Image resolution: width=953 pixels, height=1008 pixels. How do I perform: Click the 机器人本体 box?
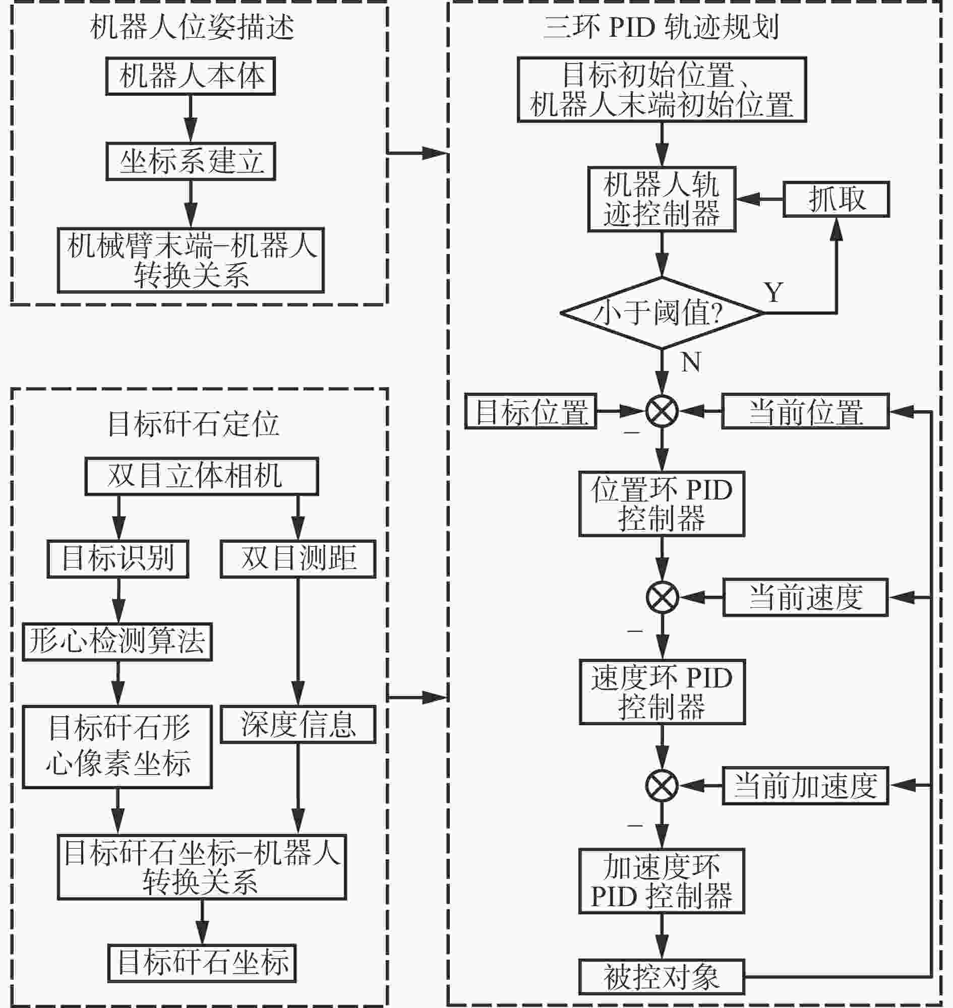click(191, 76)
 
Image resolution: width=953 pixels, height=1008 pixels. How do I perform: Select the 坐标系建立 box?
click(191, 161)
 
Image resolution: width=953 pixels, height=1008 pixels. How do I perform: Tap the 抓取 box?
click(836, 199)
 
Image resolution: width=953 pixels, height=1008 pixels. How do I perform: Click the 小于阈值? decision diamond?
click(662, 313)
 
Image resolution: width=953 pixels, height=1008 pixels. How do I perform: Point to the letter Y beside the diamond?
click(773, 292)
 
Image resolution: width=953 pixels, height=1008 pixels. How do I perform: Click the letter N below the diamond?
click(691, 362)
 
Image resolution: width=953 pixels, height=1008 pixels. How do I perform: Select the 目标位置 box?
click(531, 411)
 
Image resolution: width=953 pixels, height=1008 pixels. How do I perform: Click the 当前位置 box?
click(806, 411)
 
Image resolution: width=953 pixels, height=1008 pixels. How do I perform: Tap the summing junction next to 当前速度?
click(662, 597)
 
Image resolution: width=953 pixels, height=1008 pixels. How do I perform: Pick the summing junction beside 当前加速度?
click(662, 786)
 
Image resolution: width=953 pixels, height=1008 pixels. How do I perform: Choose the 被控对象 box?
click(662, 976)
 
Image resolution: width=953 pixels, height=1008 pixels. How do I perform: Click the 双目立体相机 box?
click(202, 476)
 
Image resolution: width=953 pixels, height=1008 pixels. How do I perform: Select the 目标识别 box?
click(118, 558)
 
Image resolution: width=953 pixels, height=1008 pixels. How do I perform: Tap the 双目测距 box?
click(298, 558)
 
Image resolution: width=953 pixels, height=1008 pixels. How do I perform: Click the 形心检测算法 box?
click(117, 642)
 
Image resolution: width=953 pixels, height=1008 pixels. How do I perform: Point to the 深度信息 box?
click(298, 724)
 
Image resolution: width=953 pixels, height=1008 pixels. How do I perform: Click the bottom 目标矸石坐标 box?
click(202, 963)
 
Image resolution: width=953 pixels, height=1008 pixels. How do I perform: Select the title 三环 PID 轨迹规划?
click(661, 26)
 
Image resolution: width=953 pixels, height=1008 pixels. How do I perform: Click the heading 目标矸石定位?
click(193, 424)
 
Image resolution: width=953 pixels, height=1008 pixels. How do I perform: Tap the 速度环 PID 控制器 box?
click(662, 691)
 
